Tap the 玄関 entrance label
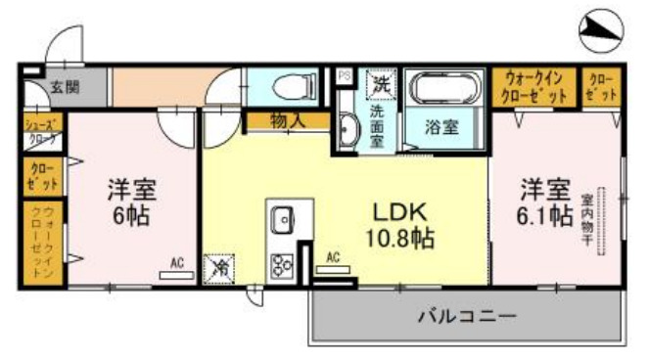66,87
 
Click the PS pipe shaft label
344,74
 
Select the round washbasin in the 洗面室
348,126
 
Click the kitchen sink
284,220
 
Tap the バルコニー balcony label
466,316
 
